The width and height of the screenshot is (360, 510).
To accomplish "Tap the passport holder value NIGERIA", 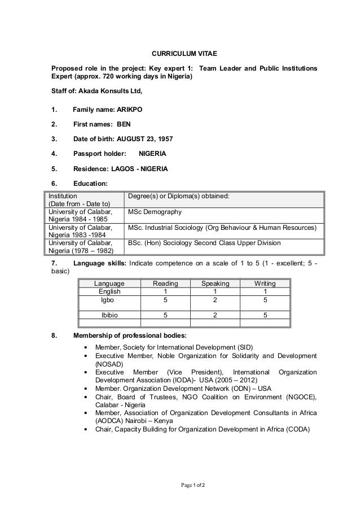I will tap(152, 153).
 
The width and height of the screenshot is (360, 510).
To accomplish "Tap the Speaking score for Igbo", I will tap(216, 301).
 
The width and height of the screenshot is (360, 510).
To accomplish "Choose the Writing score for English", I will tap(265, 291).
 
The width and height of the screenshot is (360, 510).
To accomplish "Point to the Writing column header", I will tap(265, 283).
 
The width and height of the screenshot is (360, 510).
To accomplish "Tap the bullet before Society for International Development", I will tap(85, 347).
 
